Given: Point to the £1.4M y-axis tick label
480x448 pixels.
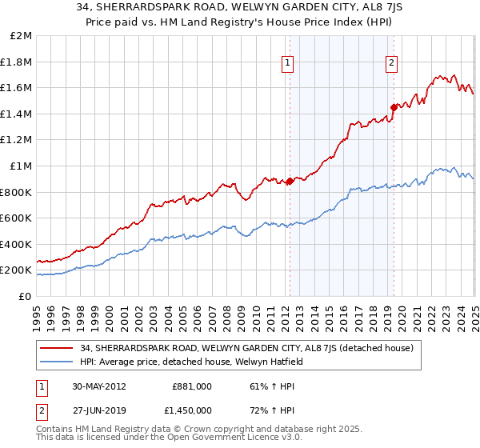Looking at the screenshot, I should [x=17, y=114].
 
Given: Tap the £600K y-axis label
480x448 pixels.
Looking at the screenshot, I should [x=17, y=218].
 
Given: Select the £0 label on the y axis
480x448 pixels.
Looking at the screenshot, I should [x=26, y=296].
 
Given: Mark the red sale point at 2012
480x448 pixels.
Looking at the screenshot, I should [x=290, y=182].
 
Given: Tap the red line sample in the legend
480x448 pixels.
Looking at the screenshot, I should [x=58, y=348].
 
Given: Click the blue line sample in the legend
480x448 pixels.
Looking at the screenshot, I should [x=58, y=362].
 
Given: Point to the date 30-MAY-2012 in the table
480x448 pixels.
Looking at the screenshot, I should [x=100, y=386].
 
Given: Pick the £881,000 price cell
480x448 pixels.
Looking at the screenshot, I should [x=192, y=386].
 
